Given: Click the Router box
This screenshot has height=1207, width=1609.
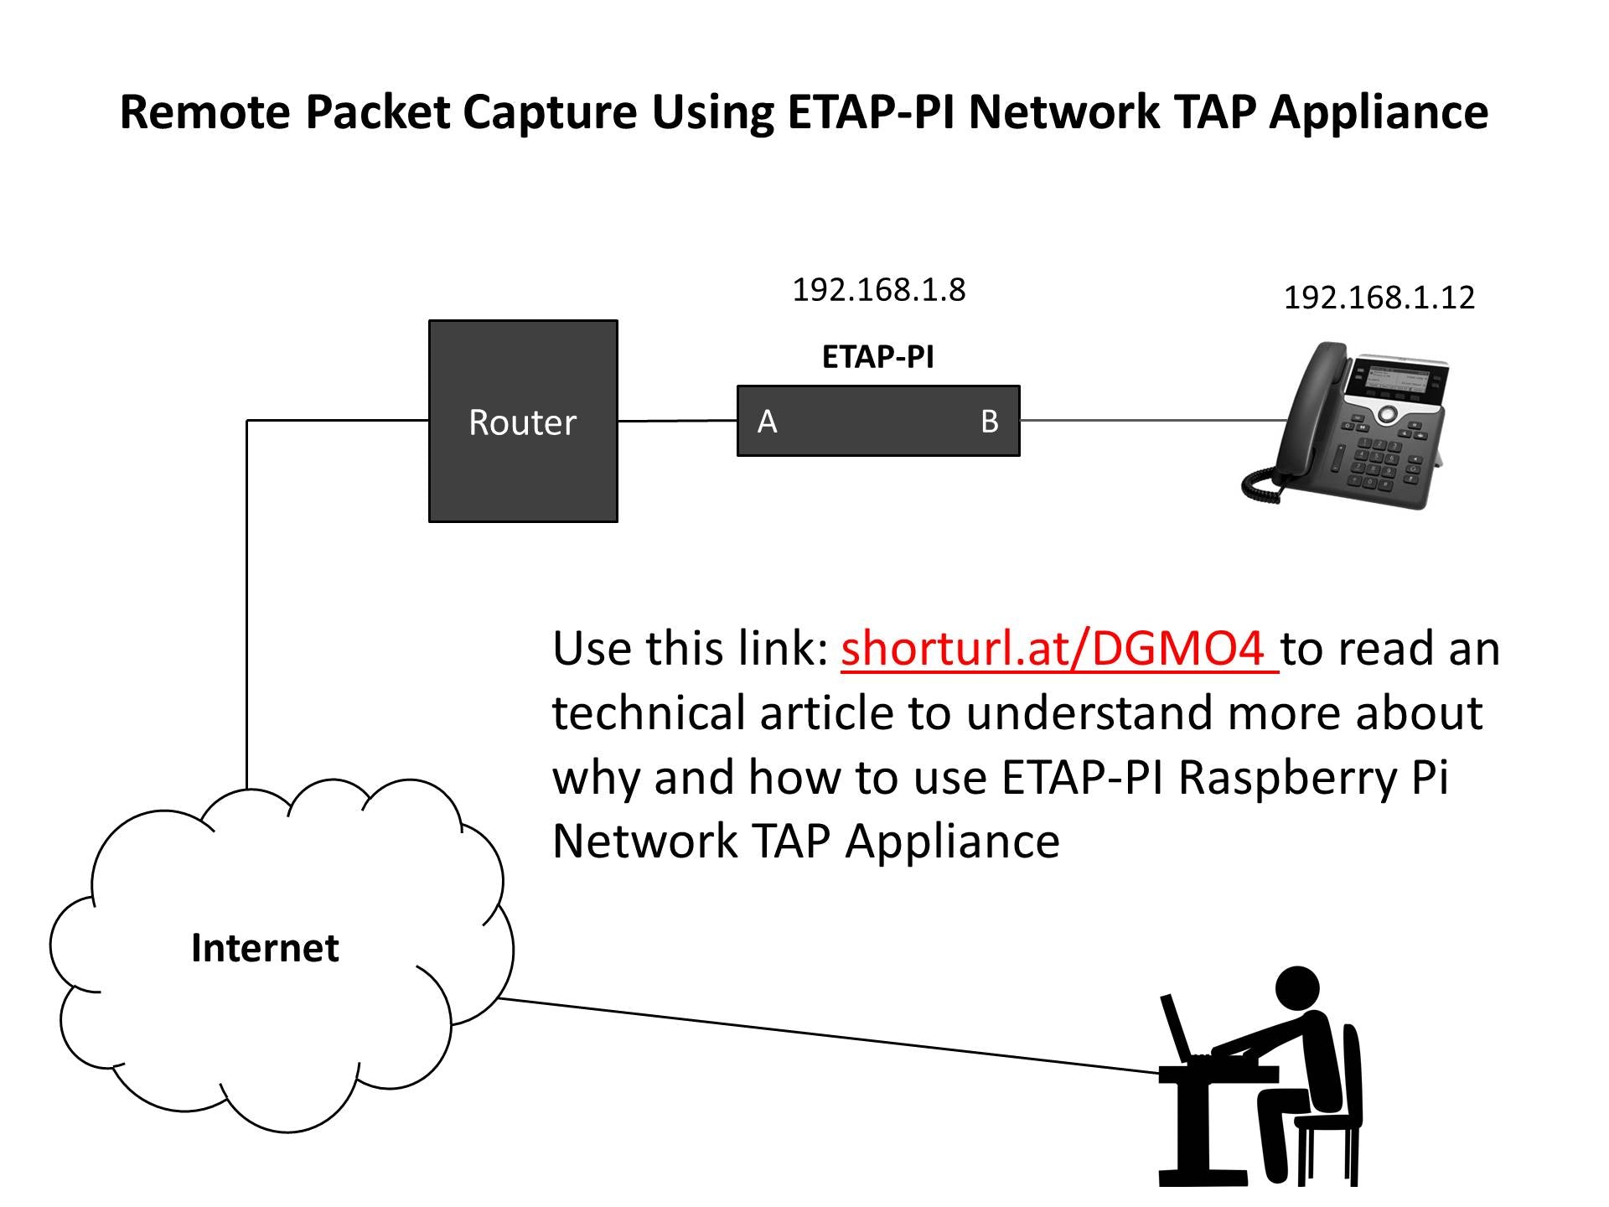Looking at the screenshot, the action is coord(523,421).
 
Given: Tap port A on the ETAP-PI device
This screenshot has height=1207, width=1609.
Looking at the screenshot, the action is coord(768,422).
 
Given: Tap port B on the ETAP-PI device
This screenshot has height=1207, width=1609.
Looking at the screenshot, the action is coord(990,422).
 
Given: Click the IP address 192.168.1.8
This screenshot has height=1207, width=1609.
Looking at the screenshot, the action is coord(879,290).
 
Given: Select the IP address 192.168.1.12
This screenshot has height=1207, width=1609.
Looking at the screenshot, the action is coord(1379,298).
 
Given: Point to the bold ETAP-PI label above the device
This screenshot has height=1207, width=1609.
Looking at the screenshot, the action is coord(878,357).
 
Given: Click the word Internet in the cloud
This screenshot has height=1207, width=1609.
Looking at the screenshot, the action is coord(265,948).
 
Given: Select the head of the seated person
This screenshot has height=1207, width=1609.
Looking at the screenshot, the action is coord(1296,991).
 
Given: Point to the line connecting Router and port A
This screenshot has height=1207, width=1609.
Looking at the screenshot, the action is coord(677,421).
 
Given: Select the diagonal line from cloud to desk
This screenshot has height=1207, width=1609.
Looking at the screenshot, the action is coord(829,1036).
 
